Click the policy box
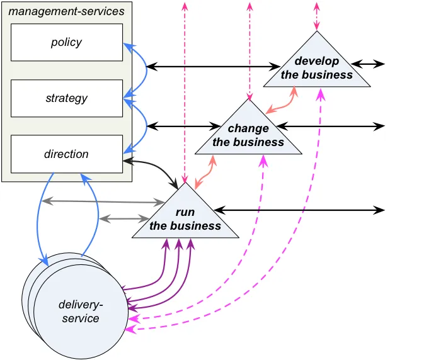pos(67,42)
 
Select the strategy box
pos(67,98)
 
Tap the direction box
pos(67,154)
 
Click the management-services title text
pos(66,11)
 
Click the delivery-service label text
pos(81,312)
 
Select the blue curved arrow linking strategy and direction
pos(146,125)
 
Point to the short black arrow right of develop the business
pos(368,64)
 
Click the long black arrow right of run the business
pos(299,210)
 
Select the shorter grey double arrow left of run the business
pos(124,218)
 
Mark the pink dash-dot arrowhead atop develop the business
pos(317,26)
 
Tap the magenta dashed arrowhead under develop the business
pos(321,94)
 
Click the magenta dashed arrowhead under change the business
pos(263,161)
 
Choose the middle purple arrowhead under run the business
pos(179,244)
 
